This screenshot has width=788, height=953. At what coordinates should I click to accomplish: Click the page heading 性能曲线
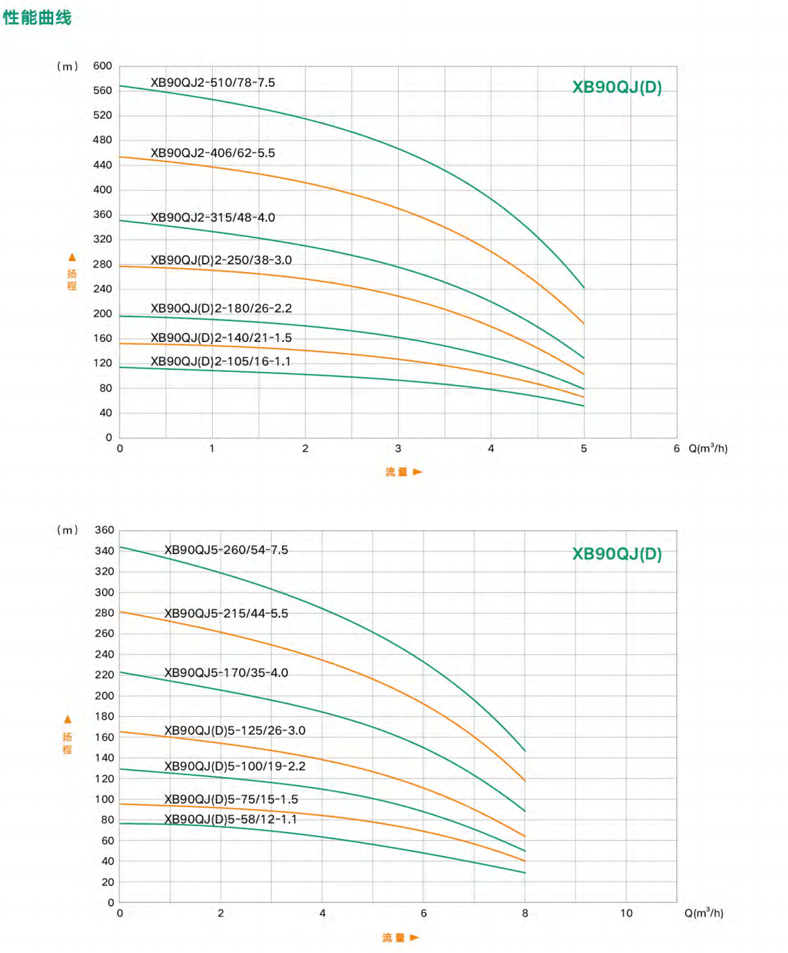(37, 17)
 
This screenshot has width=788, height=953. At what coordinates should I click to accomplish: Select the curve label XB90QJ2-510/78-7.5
(213, 82)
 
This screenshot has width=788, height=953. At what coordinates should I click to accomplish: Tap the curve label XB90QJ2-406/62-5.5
(213, 153)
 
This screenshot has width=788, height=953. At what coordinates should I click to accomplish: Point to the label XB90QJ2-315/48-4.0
(213, 217)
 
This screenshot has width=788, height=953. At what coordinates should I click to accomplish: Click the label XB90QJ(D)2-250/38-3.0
(221, 260)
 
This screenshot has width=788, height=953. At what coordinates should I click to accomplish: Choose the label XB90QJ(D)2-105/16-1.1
(220, 362)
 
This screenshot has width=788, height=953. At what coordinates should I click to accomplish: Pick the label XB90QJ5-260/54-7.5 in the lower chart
(226, 550)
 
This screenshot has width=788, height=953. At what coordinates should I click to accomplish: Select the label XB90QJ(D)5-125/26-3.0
(235, 731)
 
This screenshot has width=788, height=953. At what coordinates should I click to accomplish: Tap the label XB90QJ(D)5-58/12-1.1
(230, 820)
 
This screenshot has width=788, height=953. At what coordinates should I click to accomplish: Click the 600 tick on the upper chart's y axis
(103, 66)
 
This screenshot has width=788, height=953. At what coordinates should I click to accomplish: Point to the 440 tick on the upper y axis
(103, 165)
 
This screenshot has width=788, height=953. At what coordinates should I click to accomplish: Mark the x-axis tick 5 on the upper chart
(584, 448)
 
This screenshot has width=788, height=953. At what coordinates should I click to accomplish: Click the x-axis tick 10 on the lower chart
(626, 913)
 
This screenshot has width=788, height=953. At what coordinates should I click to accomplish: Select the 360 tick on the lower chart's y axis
(104, 530)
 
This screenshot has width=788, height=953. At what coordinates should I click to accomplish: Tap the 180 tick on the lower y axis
(104, 716)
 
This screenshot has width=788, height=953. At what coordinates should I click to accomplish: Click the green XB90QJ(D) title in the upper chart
(617, 87)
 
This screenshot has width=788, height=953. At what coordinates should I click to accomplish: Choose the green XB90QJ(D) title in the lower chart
(617, 554)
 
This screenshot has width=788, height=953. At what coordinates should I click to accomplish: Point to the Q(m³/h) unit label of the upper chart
(708, 448)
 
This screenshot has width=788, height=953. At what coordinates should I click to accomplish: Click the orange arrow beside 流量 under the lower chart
(415, 938)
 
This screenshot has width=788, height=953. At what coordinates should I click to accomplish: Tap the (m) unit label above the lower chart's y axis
(67, 530)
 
